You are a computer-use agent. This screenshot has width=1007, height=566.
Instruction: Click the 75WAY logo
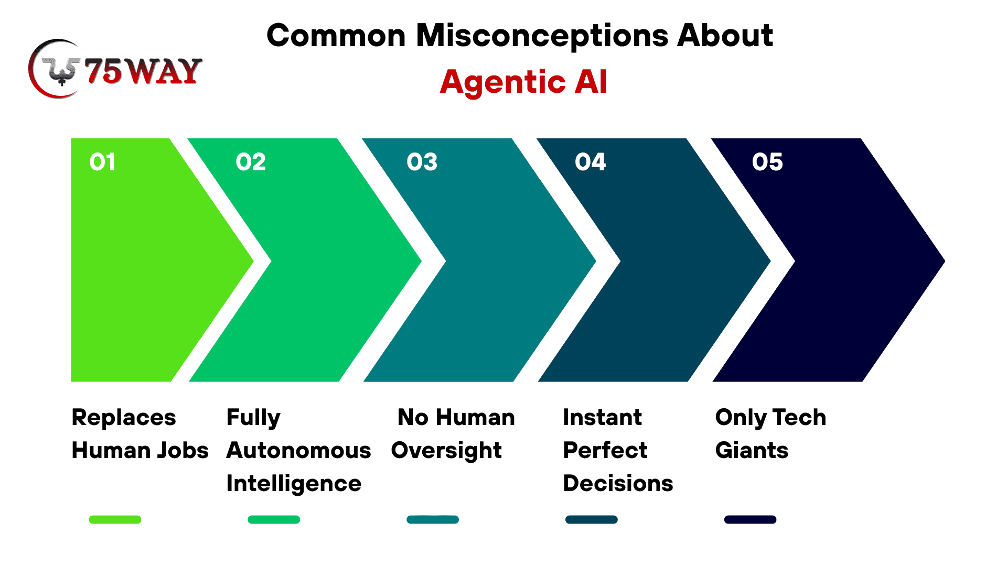point(115,69)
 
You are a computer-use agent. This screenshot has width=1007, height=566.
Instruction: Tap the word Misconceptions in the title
point(542,36)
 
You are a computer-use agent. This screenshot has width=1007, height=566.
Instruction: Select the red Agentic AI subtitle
point(523,82)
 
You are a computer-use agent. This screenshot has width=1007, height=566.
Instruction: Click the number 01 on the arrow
point(102,162)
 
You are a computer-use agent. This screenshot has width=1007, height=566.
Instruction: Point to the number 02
point(251,162)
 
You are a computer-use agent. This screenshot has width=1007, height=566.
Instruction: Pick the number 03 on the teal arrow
point(422,162)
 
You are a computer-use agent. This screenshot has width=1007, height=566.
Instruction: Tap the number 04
point(590,162)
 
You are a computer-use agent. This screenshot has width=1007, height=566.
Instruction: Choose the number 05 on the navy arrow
point(767,162)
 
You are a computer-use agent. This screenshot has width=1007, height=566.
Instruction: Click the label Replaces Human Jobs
point(140,434)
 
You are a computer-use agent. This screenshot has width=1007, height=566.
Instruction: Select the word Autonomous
point(298,451)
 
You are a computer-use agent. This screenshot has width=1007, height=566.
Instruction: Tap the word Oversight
point(446,451)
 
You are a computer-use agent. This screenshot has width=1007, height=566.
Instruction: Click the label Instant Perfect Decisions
point(618,450)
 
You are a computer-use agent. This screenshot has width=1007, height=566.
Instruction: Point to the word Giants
point(752,451)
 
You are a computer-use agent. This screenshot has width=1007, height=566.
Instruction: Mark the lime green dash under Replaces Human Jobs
point(115,519)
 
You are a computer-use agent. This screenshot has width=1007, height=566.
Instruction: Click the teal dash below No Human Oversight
point(433,519)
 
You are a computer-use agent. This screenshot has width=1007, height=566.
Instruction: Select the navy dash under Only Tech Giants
point(750,519)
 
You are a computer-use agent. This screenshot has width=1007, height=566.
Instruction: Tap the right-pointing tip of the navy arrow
point(945,260)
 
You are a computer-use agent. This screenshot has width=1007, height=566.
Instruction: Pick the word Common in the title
point(336,36)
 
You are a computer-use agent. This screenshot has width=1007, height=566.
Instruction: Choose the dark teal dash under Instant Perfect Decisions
point(592,519)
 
